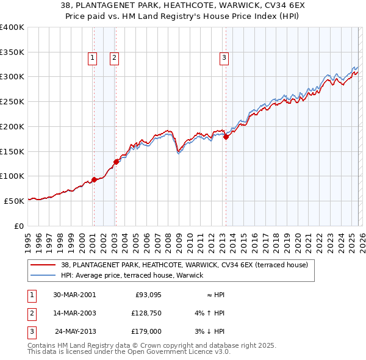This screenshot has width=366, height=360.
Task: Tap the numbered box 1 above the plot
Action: coord(92,58)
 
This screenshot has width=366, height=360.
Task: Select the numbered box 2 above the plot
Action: coord(114,58)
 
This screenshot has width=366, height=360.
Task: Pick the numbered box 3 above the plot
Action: coord(224,58)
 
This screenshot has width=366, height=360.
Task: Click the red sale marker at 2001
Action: coord(94,179)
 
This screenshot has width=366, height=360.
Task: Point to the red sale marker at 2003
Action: coord(115,162)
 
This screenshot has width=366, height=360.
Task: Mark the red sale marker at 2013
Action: coord(226,137)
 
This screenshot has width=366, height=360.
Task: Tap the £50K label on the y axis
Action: coord(15,201)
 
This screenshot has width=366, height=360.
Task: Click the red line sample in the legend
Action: coord(45,265)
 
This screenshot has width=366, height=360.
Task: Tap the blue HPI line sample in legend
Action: coord(45,276)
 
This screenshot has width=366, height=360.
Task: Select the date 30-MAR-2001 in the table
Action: coord(74,295)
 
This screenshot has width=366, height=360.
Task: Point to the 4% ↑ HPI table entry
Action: coord(209,313)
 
